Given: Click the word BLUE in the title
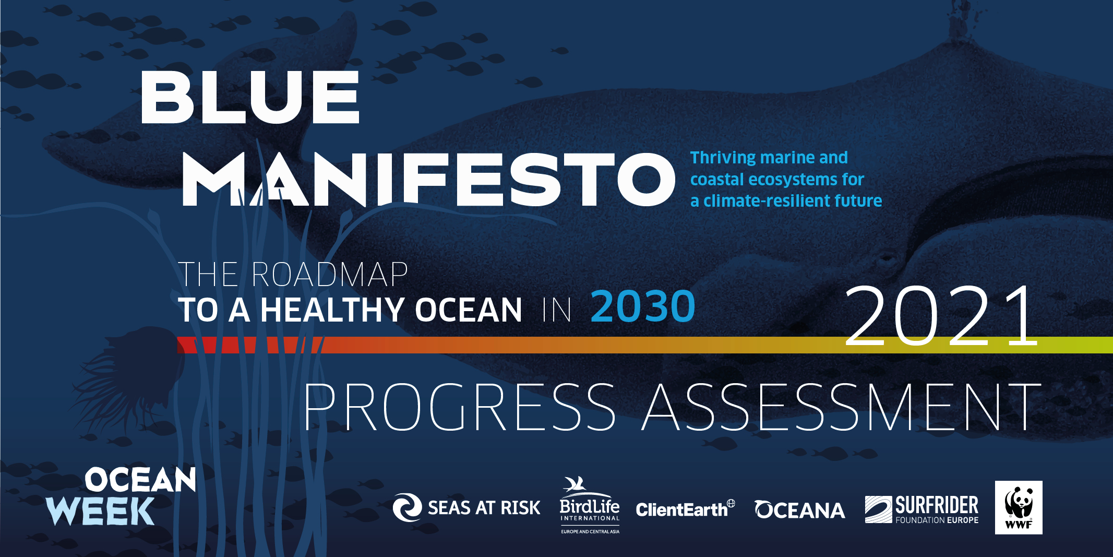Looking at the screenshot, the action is click(x=250, y=97).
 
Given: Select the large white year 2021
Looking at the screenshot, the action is click(x=941, y=315).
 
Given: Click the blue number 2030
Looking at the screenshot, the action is click(x=643, y=306).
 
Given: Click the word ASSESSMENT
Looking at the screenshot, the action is click(x=841, y=407).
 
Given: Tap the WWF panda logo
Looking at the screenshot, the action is click(x=1019, y=507).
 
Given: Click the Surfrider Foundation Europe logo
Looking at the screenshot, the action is click(x=922, y=509).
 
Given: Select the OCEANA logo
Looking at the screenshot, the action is click(x=799, y=510).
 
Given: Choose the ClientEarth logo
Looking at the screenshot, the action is click(x=685, y=509).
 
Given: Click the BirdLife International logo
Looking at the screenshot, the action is click(x=590, y=505).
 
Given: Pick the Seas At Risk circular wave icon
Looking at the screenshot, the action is click(x=407, y=507).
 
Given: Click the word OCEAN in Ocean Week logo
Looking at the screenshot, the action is click(x=140, y=480).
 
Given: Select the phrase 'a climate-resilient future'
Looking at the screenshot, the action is click(x=786, y=201).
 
